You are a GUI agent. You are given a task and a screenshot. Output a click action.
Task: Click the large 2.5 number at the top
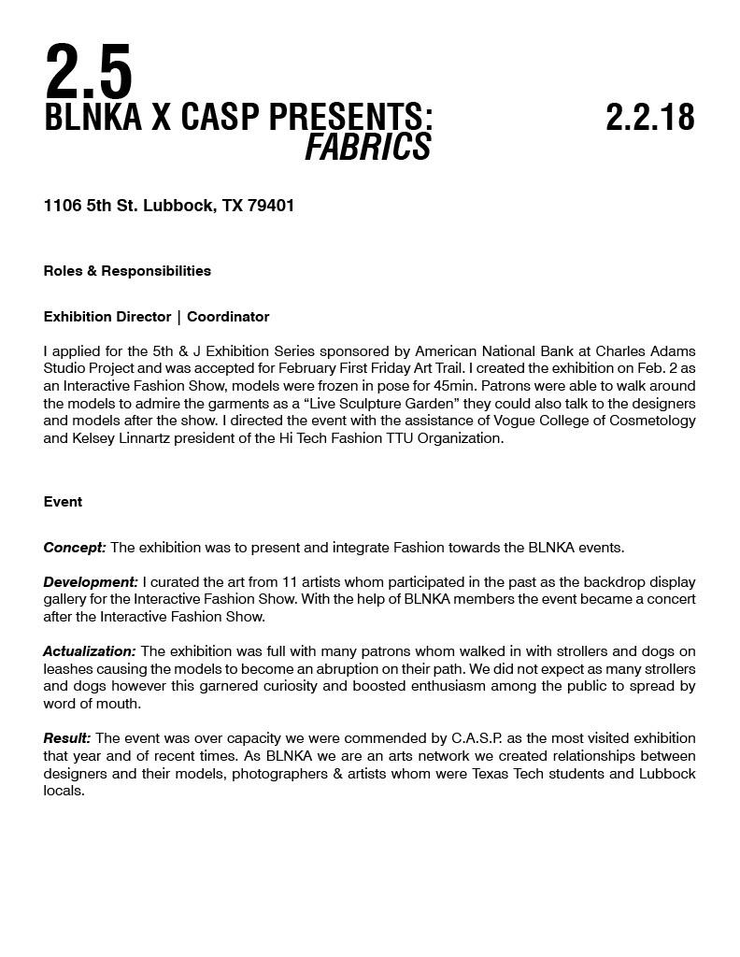tap(89, 72)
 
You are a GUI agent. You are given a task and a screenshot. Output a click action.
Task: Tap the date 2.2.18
tap(649, 118)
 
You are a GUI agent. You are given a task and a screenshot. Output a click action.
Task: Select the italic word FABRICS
tap(367, 147)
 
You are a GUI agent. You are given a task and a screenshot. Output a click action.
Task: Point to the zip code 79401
tap(271, 206)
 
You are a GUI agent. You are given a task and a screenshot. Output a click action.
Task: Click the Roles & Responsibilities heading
tap(127, 271)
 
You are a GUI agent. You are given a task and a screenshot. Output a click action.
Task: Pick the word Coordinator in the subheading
tap(228, 317)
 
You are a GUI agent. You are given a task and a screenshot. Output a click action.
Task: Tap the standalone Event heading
tap(63, 502)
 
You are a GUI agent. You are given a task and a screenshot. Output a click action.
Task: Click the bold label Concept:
tap(75, 548)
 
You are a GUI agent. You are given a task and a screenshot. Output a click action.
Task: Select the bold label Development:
tap(91, 582)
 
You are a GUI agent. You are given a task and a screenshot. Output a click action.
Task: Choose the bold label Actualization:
tap(90, 650)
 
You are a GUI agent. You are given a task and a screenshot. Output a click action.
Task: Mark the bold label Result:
tap(67, 738)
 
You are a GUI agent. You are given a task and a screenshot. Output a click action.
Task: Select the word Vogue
tap(514, 421)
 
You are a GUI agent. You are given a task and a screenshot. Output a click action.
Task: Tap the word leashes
tap(68, 669)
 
